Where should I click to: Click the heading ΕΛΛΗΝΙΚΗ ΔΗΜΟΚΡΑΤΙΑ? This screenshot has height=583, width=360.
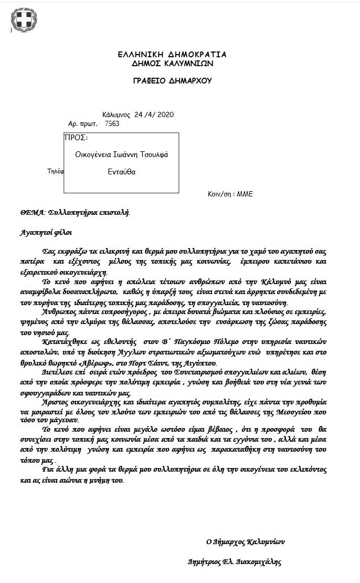[172, 55]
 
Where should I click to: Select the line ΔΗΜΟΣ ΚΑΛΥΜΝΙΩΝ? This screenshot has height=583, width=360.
[172, 64]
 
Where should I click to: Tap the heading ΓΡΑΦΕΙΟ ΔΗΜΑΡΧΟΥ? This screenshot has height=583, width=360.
[172, 81]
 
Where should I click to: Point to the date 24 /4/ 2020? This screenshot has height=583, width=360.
[154, 114]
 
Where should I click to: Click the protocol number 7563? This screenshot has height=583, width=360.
[112, 123]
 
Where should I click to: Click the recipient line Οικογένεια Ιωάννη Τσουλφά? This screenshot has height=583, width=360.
[122, 155]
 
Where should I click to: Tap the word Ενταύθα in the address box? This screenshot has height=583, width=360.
[122, 172]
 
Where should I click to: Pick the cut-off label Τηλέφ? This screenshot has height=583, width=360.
[56, 171]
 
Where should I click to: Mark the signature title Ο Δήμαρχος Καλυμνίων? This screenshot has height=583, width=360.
[245, 541]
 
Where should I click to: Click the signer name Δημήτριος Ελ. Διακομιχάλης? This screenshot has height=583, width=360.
[235, 561]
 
